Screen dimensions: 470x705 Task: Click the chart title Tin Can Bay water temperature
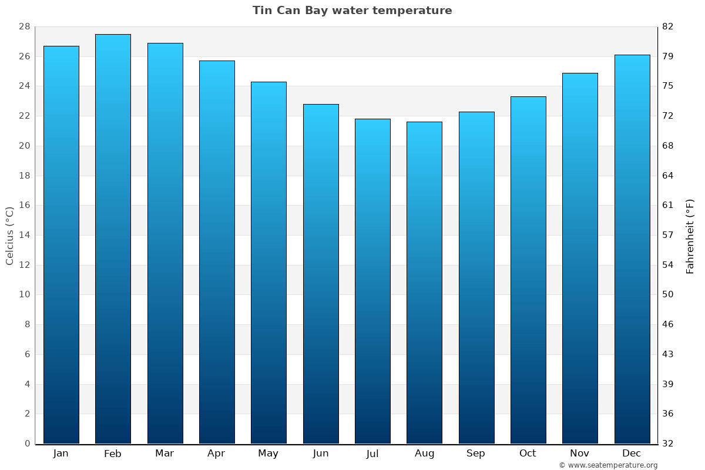(352, 11)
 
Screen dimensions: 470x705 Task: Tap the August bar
(424, 283)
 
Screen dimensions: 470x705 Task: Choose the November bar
(580, 258)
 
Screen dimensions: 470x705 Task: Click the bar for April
(217, 252)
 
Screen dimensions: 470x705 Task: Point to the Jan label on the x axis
(61, 454)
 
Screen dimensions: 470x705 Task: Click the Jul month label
(372, 454)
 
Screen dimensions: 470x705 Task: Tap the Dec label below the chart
(632, 454)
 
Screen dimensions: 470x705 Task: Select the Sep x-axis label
(476, 454)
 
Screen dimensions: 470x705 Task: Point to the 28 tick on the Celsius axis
(24, 27)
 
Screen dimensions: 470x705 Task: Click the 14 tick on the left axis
(24, 235)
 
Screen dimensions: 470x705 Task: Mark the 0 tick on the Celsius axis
(27, 444)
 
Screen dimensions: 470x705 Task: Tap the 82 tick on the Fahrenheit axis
(668, 27)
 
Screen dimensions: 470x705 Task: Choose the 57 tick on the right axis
(668, 235)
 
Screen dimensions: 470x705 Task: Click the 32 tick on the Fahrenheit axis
(668, 444)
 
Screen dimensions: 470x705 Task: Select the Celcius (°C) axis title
(9, 236)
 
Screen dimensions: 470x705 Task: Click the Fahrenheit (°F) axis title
(690, 236)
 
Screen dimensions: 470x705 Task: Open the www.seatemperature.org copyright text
(608, 465)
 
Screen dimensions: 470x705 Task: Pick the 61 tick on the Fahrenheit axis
(668, 205)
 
